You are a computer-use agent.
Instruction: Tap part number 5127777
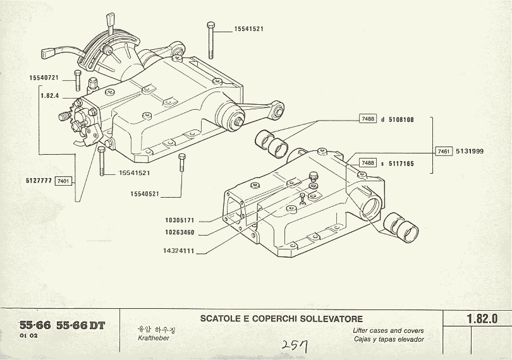[x=40, y=181]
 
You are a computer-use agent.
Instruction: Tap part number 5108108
[x=401, y=119]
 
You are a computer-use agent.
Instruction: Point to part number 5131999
[x=470, y=151]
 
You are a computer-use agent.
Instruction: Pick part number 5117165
[x=401, y=163]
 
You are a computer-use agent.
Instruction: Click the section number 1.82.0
[x=482, y=319]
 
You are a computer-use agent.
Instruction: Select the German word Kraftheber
[x=154, y=339]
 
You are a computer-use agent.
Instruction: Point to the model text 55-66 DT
[x=80, y=326]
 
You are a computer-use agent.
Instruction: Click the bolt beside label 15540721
[x=77, y=81]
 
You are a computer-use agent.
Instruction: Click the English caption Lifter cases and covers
[x=388, y=330]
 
